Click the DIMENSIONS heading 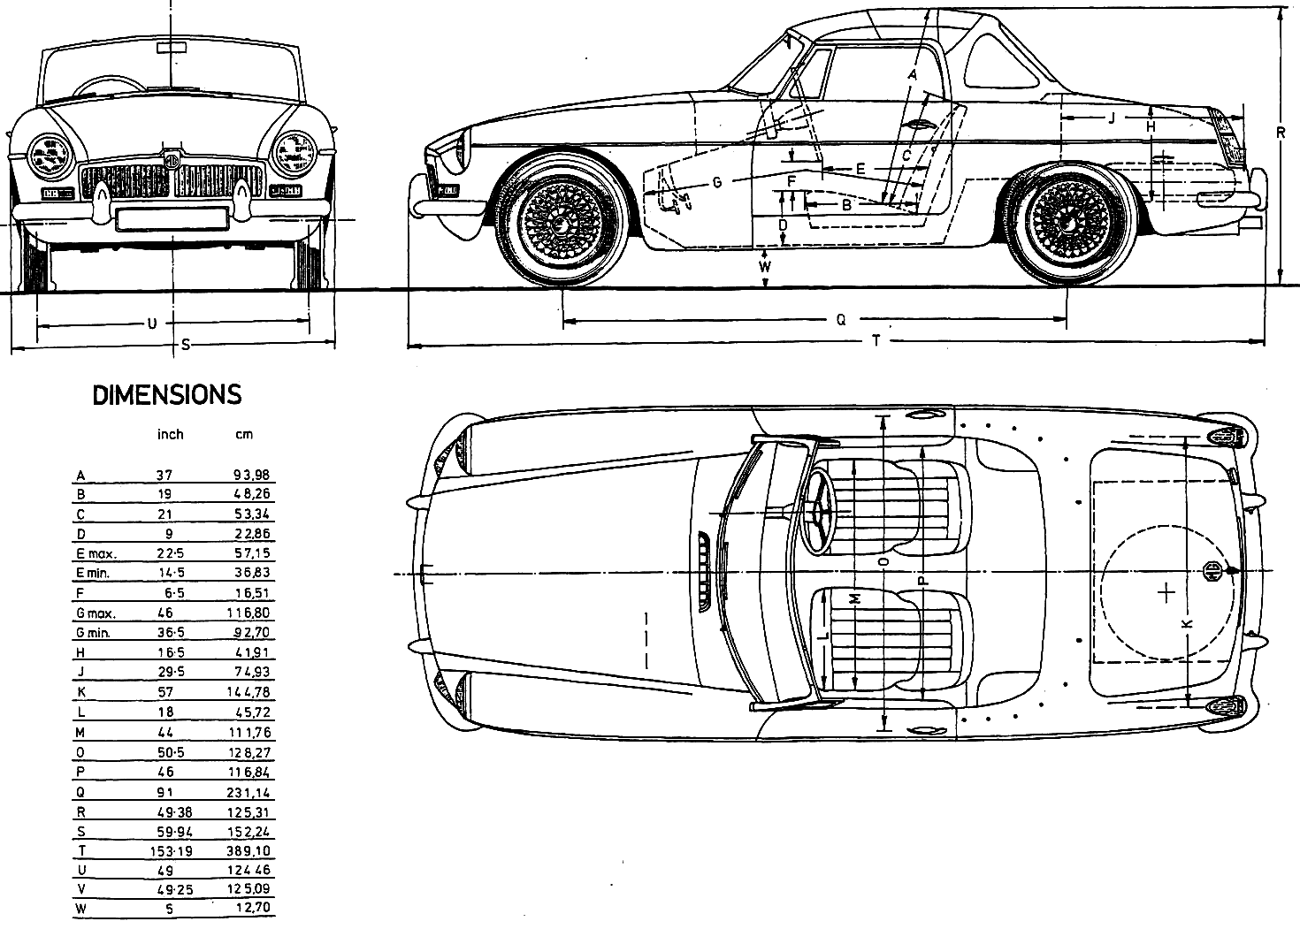tap(166, 395)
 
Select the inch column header tap(170, 434)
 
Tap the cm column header tap(244, 434)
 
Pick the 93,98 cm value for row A tap(252, 475)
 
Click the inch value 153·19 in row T tap(171, 851)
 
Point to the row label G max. tap(96, 613)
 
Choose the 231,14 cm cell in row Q tap(249, 792)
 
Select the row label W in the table tap(80, 909)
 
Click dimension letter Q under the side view tap(841, 319)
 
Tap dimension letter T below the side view tap(876, 341)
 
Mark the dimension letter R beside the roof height tap(1281, 133)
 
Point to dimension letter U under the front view tap(152, 324)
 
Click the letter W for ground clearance tap(766, 267)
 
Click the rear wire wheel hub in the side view tap(1067, 222)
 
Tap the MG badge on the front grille tap(172, 160)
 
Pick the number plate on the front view tap(172, 218)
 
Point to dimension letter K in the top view tap(1188, 623)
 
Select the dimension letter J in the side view tap(1112, 118)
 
